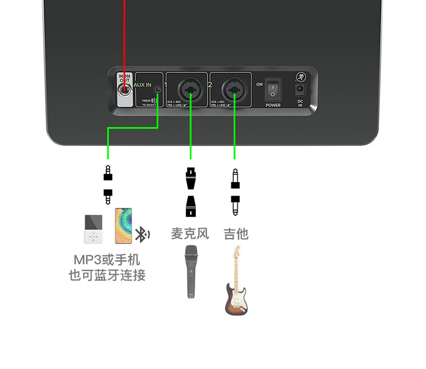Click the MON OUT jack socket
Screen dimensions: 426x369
[125, 90]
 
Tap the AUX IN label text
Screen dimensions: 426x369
[143, 85]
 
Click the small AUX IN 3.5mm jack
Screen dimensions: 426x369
[157, 89]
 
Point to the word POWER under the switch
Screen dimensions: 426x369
[273, 105]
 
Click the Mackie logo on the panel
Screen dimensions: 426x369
[300, 76]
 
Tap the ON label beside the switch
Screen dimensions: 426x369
[259, 85]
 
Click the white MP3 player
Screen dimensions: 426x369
[93, 229]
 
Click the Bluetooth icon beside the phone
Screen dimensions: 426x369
[142, 234]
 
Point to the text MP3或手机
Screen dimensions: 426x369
[107, 261]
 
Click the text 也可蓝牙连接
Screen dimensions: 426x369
[107, 275]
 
